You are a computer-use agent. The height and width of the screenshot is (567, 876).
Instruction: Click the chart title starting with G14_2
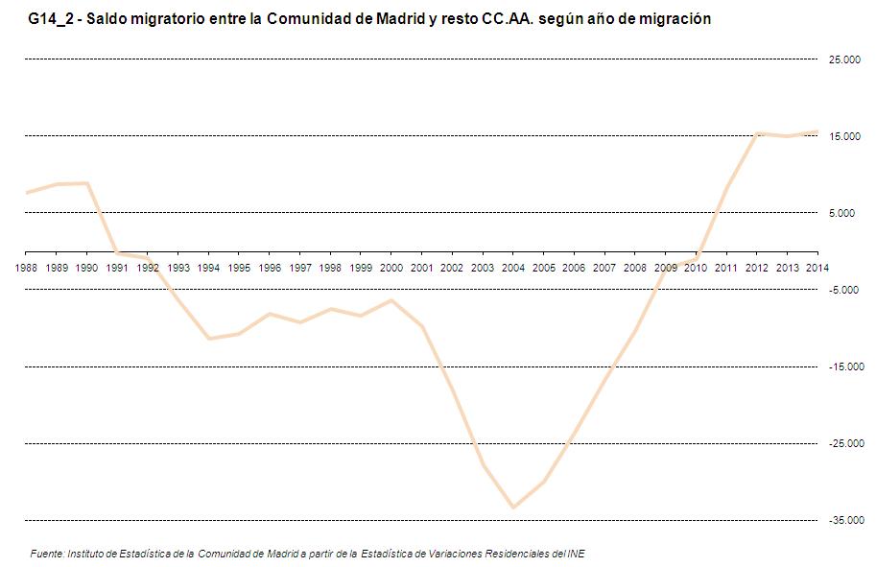point(369,18)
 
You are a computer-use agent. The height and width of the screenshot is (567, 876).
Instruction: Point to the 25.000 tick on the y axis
point(843,60)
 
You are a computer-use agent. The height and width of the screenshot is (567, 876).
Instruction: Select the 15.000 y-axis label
point(843,137)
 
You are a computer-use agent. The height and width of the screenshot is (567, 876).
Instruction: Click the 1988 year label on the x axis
point(26,268)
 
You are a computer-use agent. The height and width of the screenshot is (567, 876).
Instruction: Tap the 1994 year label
point(208,268)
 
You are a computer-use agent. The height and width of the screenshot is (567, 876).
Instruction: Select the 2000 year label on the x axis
point(391,268)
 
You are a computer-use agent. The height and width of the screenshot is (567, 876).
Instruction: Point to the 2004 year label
point(513,268)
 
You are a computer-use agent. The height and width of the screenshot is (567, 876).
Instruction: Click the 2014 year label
point(817,268)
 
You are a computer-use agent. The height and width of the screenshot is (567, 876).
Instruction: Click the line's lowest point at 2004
point(513,508)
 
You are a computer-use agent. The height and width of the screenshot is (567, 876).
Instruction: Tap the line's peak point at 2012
point(757,133)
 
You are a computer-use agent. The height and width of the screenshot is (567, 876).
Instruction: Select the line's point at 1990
point(87,183)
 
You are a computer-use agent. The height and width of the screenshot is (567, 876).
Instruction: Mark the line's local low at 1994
point(208,339)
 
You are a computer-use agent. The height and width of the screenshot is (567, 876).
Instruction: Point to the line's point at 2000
point(391,300)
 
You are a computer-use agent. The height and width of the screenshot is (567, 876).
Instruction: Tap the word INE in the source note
point(576,554)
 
